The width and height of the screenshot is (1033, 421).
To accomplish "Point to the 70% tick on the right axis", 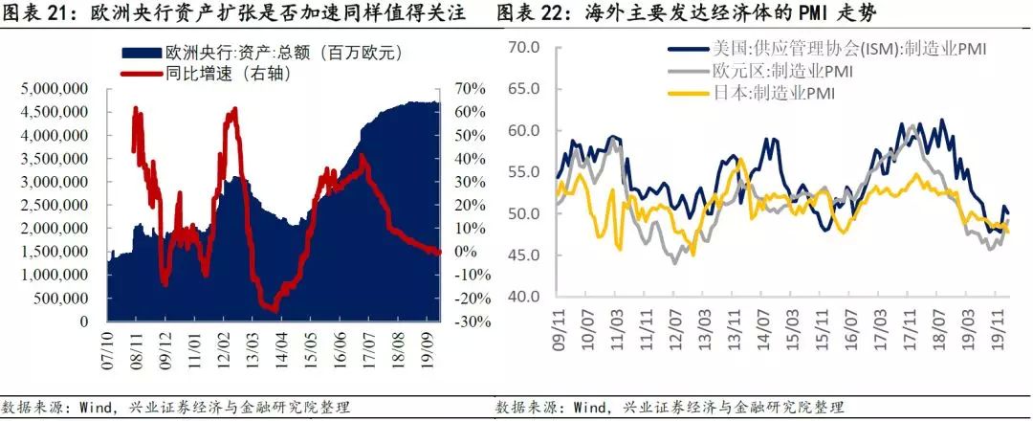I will [467, 89].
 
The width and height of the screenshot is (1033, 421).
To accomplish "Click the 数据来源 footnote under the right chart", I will [670, 407].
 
